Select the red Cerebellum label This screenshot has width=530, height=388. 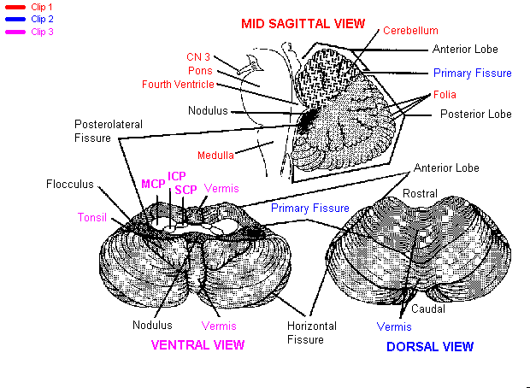click(x=410, y=30)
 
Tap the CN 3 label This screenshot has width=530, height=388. click(x=198, y=57)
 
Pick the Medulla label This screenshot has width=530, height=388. click(x=215, y=155)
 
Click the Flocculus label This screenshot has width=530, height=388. click(x=69, y=184)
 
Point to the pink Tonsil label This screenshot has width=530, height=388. click(x=92, y=217)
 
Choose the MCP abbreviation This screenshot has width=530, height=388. click(x=152, y=183)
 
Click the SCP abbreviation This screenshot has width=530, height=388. click(x=185, y=189)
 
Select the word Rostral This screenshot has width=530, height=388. click(x=420, y=194)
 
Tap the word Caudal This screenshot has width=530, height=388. click(x=427, y=309)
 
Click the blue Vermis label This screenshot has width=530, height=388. click(x=394, y=326)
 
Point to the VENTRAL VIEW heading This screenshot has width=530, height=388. click(x=197, y=345)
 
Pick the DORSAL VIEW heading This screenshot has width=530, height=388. click(x=429, y=347)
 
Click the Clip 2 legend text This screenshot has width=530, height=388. click(x=42, y=19)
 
